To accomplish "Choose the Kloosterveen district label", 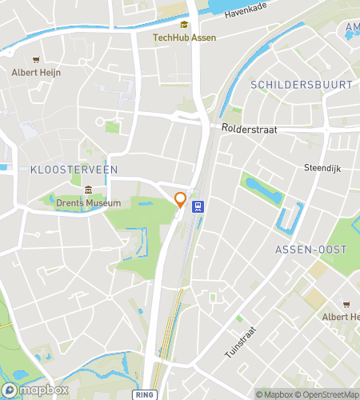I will (x=74, y=170).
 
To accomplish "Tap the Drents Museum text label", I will (x=89, y=202).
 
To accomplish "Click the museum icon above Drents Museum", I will (x=89, y=190).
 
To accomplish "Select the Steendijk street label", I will (x=322, y=167).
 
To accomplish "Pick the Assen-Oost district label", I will (x=311, y=250).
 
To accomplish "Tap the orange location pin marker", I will (x=181, y=200).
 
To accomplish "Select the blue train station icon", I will (x=198, y=206).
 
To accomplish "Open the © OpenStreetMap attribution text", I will (x=328, y=394).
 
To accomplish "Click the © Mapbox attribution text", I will (x=274, y=394).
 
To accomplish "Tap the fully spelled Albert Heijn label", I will (x=36, y=72).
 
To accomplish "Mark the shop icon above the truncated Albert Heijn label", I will (x=346, y=304).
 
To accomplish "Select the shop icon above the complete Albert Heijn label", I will (x=36, y=59).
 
